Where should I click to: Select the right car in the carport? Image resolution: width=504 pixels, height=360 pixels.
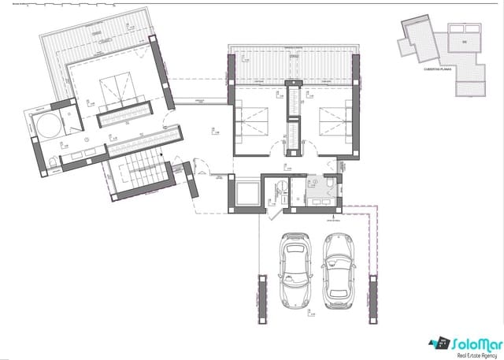tap(339, 269)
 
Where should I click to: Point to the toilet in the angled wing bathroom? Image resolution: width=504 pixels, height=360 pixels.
tap(52, 162)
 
